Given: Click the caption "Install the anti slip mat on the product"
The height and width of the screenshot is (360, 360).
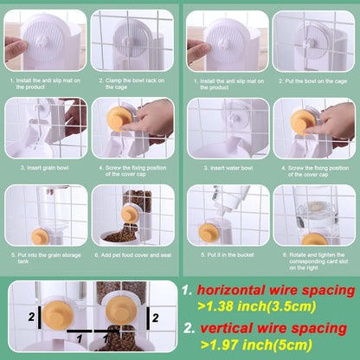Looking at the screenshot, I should click(46, 83).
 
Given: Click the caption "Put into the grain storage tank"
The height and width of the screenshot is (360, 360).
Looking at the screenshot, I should click(45, 259).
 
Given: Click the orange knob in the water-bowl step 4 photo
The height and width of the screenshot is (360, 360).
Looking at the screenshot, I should click(302, 121).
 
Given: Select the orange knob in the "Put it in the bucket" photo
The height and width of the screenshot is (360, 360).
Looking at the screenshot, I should click(209, 232).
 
